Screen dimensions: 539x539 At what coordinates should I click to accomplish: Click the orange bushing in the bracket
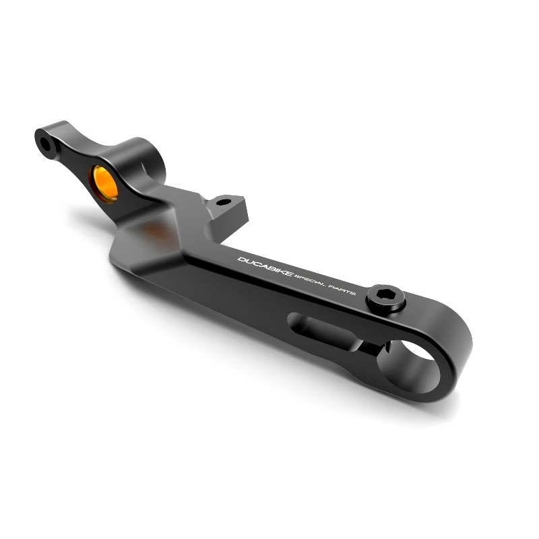[x=104, y=183]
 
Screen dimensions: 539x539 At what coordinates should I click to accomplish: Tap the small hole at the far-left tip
[x=45, y=144]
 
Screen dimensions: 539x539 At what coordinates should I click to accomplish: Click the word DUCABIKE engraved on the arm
[x=265, y=266]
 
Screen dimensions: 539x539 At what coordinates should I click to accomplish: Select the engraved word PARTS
[x=342, y=291]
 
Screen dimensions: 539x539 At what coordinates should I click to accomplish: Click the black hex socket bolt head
[x=385, y=298]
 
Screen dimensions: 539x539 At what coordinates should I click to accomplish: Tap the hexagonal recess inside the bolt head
[x=384, y=294]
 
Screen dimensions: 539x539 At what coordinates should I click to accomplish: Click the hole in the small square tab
[x=224, y=202]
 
